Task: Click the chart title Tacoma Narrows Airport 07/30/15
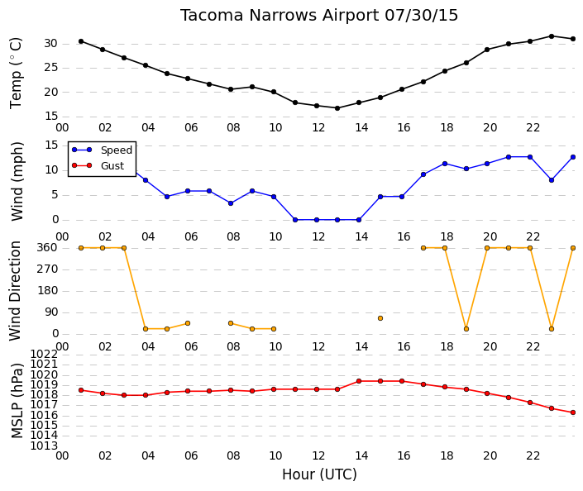point(319,16)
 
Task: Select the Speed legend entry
point(103,150)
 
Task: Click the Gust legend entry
point(98,165)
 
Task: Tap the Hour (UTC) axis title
point(319,474)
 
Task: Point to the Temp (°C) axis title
point(16,73)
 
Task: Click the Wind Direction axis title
point(15,291)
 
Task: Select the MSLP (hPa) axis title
point(17,400)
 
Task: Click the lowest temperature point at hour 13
point(337,108)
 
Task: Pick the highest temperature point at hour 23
point(552,36)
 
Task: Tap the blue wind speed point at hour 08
point(231,203)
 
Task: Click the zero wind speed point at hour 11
point(295,220)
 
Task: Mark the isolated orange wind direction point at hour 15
point(380,318)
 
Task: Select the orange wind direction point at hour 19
point(466,329)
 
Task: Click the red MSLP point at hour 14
point(359,381)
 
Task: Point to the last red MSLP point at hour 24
point(573,412)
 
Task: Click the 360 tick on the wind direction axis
point(48,247)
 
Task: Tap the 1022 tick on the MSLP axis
point(44,354)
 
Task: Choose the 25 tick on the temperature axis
point(51,68)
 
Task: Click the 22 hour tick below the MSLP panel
point(533,455)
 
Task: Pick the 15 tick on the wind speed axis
point(51,145)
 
